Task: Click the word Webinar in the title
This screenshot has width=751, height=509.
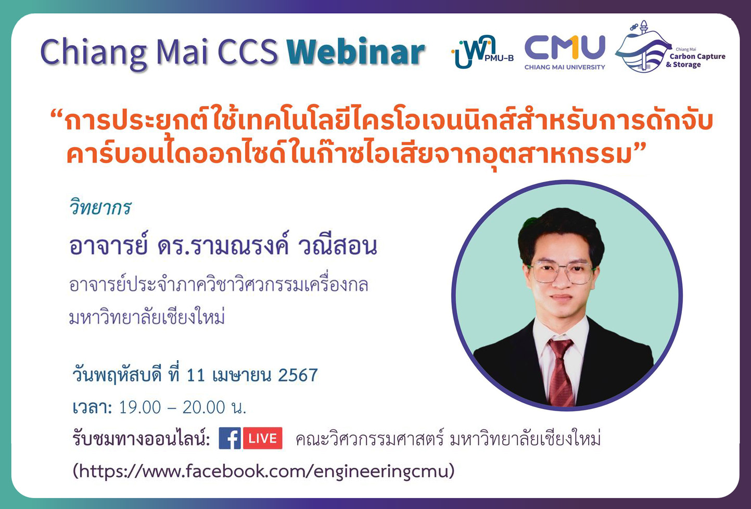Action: (x=355, y=53)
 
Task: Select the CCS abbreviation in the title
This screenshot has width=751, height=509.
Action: (x=248, y=53)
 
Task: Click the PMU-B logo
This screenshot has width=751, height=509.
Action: (x=481, y=52)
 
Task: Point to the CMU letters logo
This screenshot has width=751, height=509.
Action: (x=565, y=47)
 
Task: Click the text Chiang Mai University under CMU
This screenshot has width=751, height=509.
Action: (x=565, y=67)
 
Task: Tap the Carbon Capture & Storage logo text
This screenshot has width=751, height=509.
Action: (x=696, y=60)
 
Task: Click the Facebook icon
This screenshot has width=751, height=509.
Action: (x=230, y=438)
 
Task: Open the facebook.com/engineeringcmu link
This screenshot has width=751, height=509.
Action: (x=264, y=471)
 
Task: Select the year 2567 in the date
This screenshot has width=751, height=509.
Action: (x=298, y=375)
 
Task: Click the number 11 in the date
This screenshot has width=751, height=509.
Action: (x=196, y=375)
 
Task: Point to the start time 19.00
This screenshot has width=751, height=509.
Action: (x=140, y=407)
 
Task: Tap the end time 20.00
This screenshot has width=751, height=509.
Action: (x=203, y=407)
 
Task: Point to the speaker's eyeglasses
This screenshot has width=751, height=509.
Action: (x=561, y=272)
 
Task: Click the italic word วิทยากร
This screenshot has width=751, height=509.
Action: (x=100, y=208)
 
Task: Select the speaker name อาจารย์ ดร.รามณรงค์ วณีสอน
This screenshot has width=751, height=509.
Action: (x=223, y=246)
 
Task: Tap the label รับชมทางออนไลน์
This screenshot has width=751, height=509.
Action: (x=141, y=439)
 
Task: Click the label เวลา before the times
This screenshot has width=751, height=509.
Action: (x=92, y=408)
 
